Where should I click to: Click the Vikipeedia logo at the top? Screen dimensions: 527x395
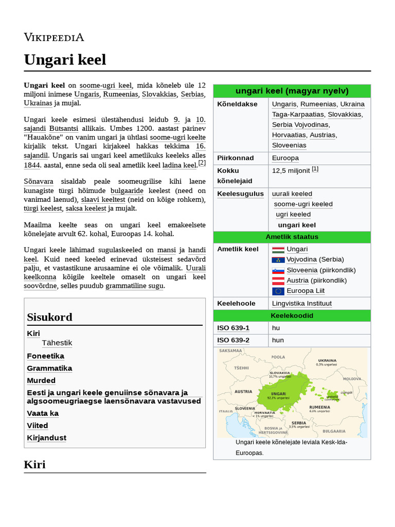pos(54,37)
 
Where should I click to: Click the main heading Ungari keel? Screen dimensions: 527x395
pos(65,60)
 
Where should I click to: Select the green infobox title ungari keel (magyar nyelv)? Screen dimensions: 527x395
pos(292,91)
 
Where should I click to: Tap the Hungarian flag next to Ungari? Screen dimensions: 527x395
pos(278,250)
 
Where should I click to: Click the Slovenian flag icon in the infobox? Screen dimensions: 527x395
pos(278,270)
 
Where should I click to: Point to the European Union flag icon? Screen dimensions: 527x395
pos(278,291)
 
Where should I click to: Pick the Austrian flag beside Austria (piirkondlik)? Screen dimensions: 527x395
pos(278,281)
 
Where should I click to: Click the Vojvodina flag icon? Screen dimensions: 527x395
pos(278,260)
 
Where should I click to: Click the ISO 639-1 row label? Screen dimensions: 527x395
pos(233,328)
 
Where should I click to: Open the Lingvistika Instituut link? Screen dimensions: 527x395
pos(301,304)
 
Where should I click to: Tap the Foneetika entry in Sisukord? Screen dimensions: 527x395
pos(45,356)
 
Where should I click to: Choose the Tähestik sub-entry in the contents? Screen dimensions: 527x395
pos(57,343)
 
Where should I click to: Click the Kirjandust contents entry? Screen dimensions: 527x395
pos(46,438)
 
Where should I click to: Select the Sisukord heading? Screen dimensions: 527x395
pos(49,317)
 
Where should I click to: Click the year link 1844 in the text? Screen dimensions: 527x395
pos(32,165)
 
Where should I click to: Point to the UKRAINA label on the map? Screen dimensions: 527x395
pos(327,360)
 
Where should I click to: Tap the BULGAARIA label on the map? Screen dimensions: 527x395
pos(334,431)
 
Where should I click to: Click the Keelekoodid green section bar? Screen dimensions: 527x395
pos(292,315)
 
